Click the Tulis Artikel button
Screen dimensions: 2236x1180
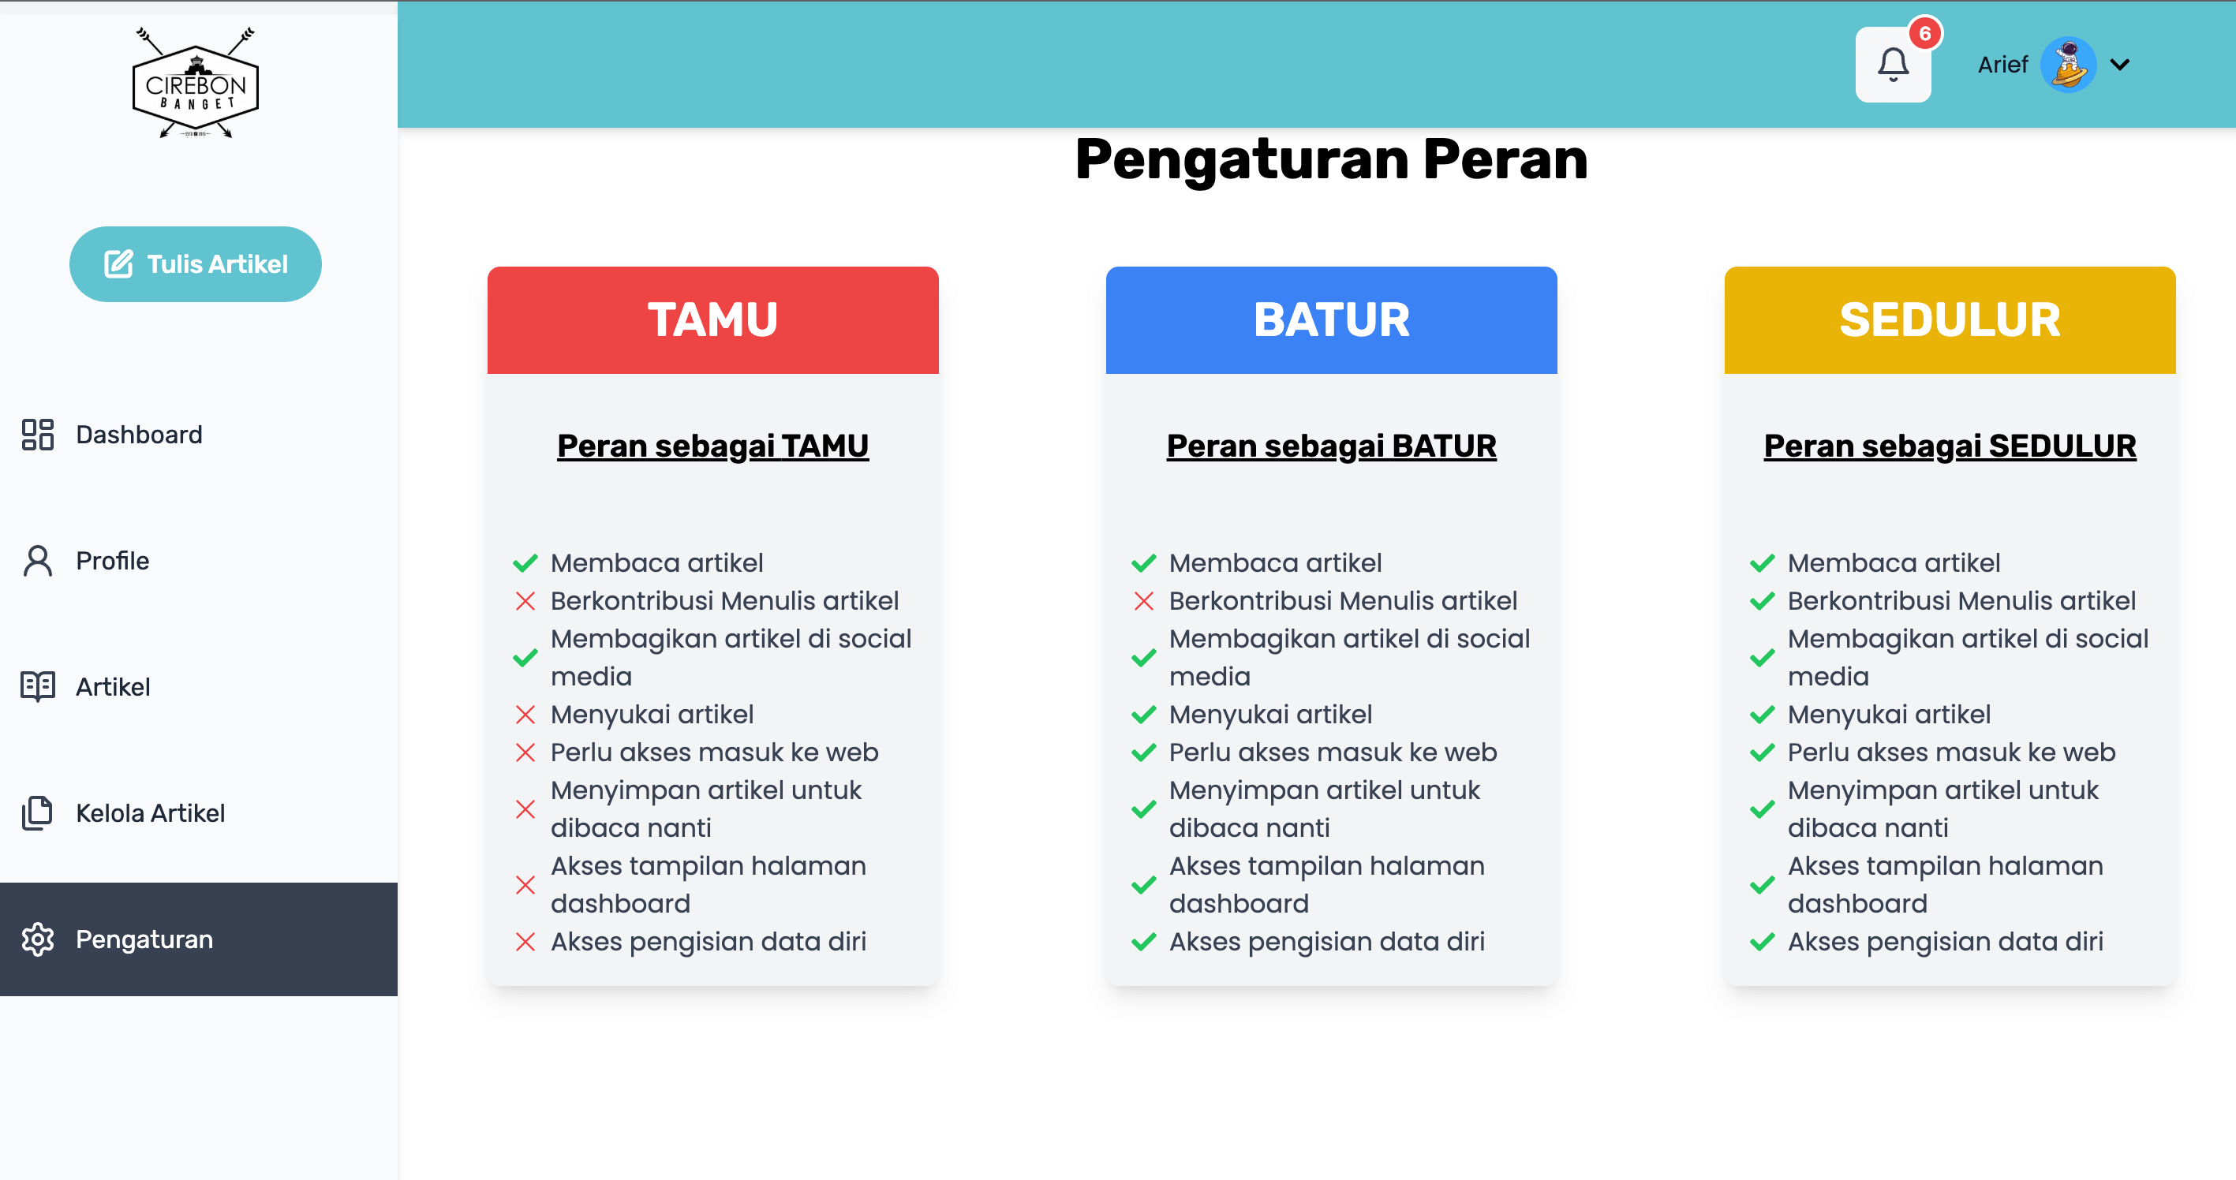tap(196, 263)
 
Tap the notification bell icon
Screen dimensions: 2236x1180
tap(1893, 64)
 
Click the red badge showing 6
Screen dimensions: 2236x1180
tap(1925, 33)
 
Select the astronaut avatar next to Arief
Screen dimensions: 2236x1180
tap(2069, 64)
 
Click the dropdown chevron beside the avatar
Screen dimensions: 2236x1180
tap(2120, 64)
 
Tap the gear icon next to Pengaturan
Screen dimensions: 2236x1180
tap(38, 939)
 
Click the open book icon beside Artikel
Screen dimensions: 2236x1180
tap(38, 686)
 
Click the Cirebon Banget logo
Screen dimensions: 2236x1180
tap(196, 82)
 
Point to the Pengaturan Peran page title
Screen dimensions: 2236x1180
tap(1332, 159)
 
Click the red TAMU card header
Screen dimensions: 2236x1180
tap(712, 320)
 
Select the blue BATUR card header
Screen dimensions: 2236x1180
tap(1332, 320)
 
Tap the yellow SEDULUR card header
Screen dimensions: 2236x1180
tap(1950, 320)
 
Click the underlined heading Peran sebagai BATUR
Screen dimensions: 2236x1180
tap(1332, 446)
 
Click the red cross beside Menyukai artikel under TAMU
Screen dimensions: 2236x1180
tap(525, 714)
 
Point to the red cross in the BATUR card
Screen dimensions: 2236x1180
tap(1144, 600)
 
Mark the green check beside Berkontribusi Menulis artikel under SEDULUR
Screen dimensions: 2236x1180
tap(1762, 600)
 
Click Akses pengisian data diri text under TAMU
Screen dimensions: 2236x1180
tap(709, 942)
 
